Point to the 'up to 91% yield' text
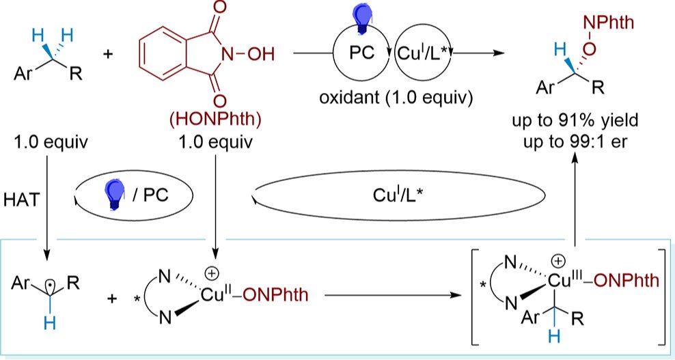coord(575,123)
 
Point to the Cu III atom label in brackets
coord(564,279)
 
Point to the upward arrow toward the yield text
coord(575,198)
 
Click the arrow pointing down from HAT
coord(47,205)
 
